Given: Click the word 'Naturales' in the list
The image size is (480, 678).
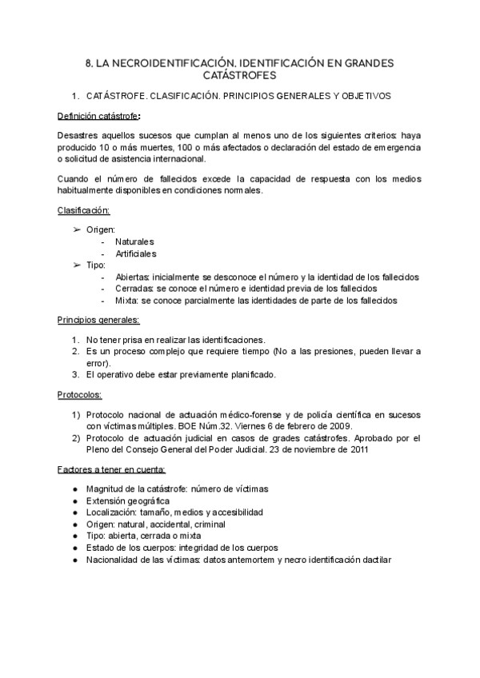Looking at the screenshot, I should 134,241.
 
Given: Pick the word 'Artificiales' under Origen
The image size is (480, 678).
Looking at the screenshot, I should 136,253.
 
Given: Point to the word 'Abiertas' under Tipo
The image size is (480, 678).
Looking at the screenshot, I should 133,277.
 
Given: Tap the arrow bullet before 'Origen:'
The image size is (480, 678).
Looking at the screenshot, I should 77,229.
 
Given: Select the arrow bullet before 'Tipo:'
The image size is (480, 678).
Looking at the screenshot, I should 77,265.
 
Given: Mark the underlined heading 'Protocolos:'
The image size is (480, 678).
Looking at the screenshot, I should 80,395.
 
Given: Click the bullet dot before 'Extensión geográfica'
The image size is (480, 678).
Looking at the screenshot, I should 74,501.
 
